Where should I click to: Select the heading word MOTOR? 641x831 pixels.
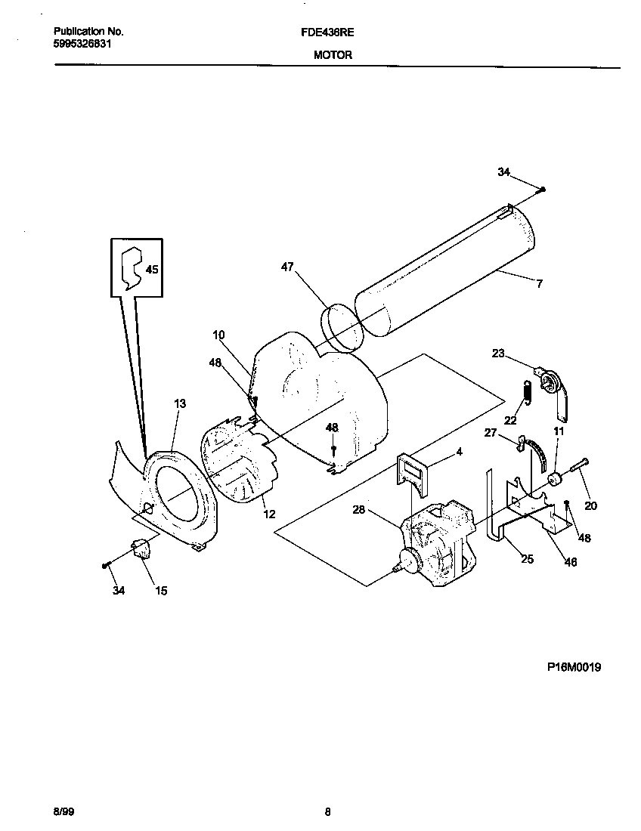333,55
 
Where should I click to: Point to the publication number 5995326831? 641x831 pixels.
86,44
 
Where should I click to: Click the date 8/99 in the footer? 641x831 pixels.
63,812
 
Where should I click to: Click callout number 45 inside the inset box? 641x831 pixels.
152,270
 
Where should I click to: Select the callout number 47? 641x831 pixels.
287,267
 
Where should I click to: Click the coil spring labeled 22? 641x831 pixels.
528,392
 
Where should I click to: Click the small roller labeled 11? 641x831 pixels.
556,479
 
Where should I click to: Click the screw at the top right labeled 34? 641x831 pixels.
543,189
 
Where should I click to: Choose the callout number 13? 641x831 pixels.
179,404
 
